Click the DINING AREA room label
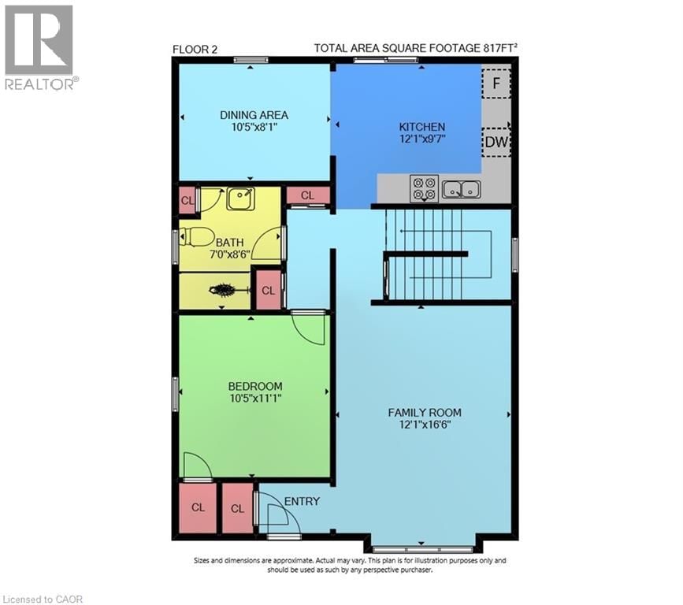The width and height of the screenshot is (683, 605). [254, 114]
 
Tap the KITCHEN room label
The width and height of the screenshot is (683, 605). [422, 126]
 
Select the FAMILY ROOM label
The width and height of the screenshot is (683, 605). [424, 412]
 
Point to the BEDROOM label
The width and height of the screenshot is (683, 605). [254, 386]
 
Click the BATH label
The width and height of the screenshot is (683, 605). [230, 243]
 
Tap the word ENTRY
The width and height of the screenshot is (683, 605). [302, 501]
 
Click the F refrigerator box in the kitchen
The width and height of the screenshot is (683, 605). [496, 81]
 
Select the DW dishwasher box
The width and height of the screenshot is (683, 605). [496, 142]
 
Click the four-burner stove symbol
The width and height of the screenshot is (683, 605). [424, 189]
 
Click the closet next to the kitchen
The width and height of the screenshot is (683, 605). [307, 195]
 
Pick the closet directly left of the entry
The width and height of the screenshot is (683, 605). [238, 508]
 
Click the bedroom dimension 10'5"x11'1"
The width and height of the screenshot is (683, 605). [254, 398]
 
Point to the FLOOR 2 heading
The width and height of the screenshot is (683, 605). [195, 49]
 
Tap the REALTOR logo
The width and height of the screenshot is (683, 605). [40, 47]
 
